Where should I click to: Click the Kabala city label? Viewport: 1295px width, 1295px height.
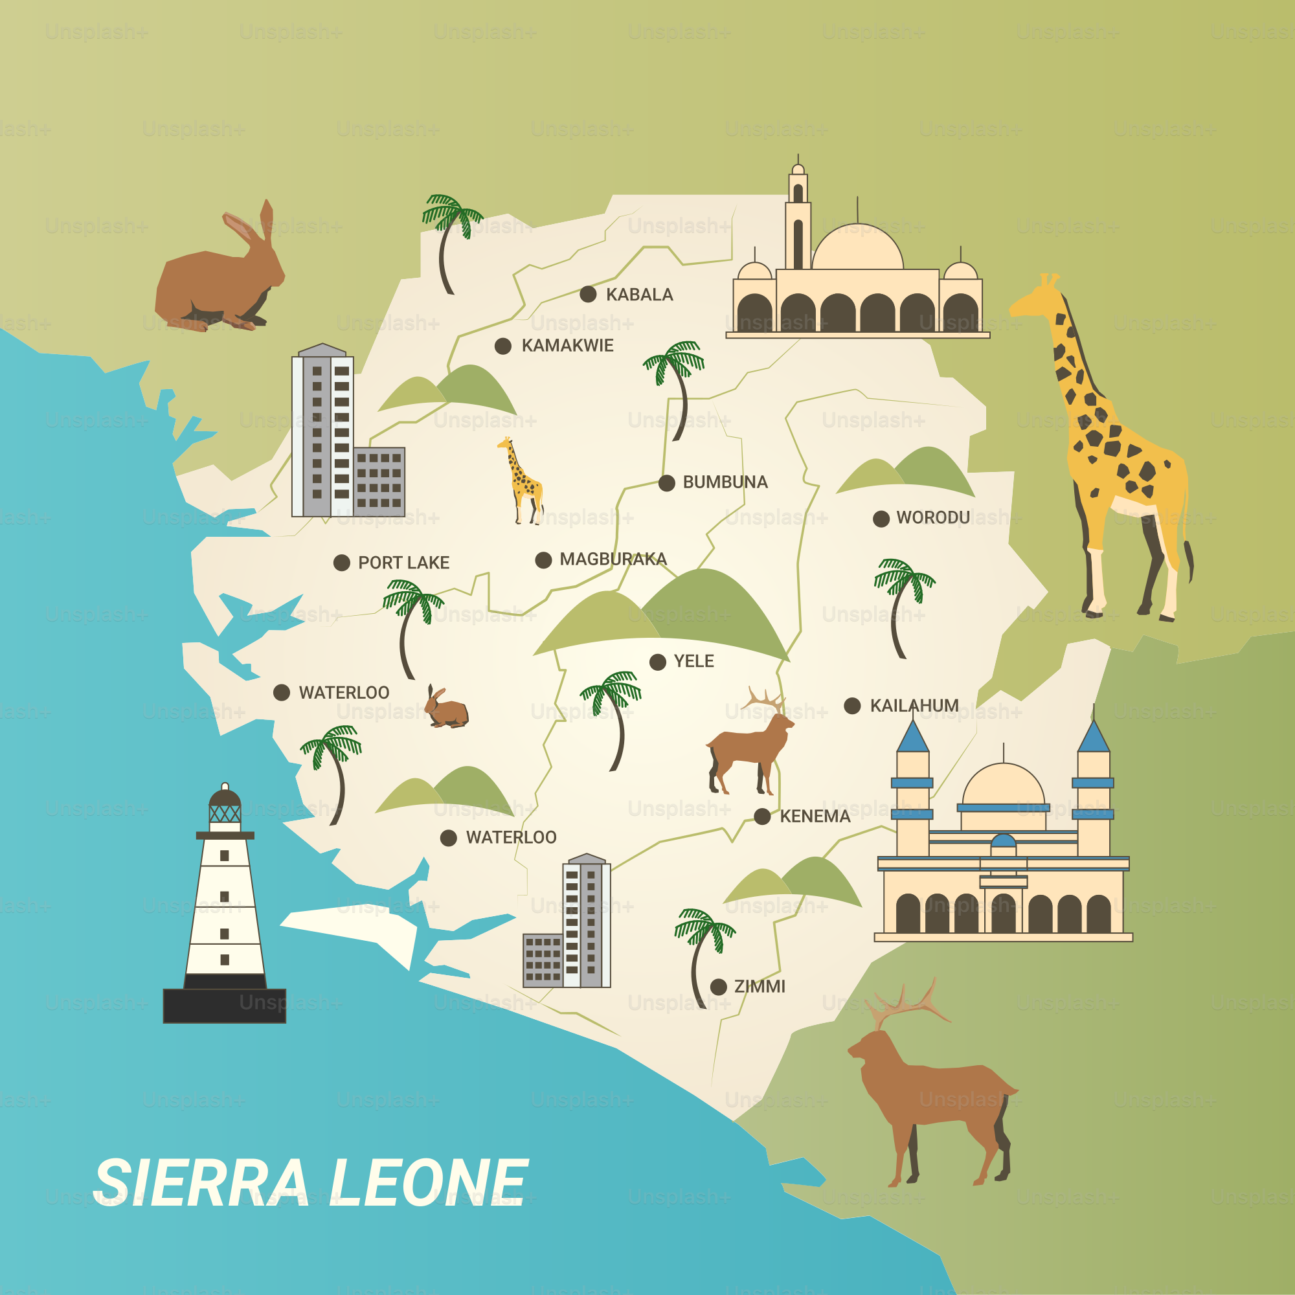pyautogui.click(x=639, y=295)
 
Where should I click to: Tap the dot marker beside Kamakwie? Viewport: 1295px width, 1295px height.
pyautogui.click(x=502, y=346)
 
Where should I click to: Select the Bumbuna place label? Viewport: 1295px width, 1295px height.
pyautogui.click(x=725, y=482)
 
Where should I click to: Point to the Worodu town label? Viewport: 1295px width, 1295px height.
pyautogui.click(x=933, y=517)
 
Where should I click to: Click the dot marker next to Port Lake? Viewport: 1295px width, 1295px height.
pyautogui.click(x=342, y=563)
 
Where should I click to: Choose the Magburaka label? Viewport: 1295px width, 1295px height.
pyautogui.click(x=613, y=559)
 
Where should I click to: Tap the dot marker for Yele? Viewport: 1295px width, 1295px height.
pyautogui.click(x=658, y=662)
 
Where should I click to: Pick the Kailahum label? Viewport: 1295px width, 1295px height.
pyautogui.click(x=914, y=706)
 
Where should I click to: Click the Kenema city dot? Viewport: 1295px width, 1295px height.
pyautogui.click(x=762, y=816)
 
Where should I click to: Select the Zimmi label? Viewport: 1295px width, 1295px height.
pyautogui.click(x=760, y=987)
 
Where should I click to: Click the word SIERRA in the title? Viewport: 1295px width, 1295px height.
pyautogui.click(x=201, y=1184)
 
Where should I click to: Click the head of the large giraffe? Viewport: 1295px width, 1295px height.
pyautogui.click(x=1035, y=298)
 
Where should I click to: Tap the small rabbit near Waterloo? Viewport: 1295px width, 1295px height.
pyautogui.click(x=445, y=708)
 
